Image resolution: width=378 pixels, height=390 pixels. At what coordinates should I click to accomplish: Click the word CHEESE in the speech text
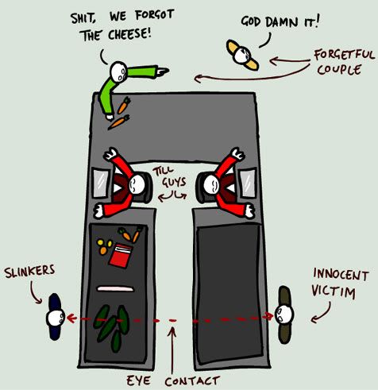129,34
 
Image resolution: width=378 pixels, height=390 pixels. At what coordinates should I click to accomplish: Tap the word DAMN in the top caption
282,21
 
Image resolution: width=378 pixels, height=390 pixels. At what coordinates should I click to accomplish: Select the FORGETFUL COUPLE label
343,62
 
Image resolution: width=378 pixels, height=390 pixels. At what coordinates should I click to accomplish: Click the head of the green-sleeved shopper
118,71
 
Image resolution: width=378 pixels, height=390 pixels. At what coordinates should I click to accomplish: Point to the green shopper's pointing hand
162,71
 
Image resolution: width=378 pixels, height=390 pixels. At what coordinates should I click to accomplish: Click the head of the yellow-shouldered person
242,55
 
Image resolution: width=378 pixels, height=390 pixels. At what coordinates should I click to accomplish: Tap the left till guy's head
137,183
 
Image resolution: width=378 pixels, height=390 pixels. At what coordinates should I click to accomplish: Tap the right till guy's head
211,185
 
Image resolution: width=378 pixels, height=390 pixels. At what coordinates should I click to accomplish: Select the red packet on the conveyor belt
121,256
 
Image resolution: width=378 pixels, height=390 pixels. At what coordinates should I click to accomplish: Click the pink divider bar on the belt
115,289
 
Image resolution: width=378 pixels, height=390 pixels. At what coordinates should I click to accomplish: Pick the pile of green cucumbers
112,327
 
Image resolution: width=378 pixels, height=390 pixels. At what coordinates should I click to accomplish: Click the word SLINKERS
29,271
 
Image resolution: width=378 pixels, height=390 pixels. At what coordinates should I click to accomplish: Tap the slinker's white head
56,318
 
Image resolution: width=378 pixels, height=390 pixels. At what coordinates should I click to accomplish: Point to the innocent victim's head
284,314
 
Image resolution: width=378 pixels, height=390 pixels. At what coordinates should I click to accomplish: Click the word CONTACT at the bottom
192,381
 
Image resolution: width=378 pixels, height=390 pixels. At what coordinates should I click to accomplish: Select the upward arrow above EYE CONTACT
172,350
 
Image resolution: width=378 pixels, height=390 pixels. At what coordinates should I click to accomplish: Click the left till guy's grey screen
101,183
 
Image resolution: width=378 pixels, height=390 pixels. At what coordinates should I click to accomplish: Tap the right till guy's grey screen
248,183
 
